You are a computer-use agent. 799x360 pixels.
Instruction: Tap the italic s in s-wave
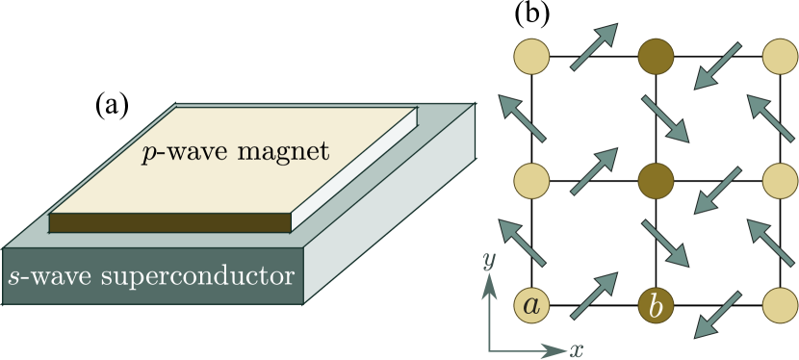(13, 278)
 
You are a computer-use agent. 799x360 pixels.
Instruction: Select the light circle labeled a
(531, 305)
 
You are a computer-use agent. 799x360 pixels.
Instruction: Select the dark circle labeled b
(656, 305)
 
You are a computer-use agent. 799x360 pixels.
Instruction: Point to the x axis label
(577, 349)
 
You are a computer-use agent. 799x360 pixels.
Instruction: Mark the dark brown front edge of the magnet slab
(169, 222)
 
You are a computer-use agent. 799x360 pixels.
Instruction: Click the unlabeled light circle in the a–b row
(780, 305)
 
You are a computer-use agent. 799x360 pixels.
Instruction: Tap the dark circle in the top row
(656, 57)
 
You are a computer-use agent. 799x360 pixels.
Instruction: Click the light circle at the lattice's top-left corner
(531, 57)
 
